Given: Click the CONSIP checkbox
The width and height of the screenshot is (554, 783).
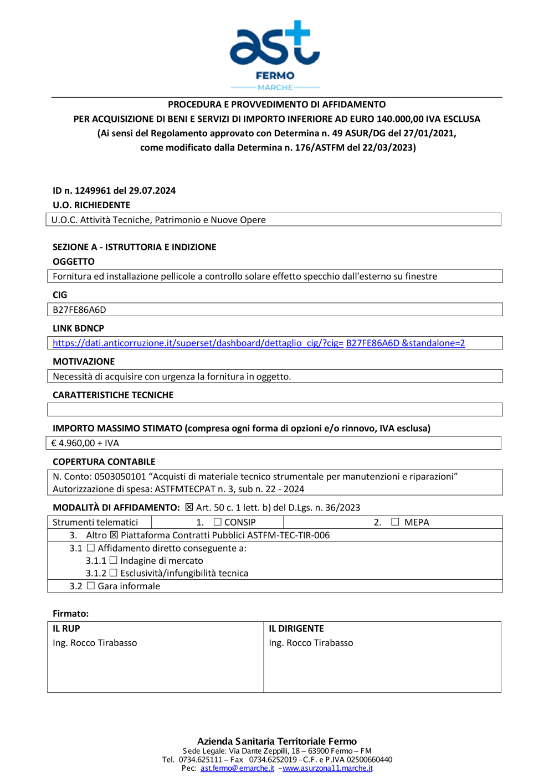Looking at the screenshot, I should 218,522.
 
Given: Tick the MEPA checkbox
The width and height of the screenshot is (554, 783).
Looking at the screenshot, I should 395,522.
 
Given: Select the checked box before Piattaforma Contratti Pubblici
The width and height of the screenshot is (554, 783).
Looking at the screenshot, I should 114,535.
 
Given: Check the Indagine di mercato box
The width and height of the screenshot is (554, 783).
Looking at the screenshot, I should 114,560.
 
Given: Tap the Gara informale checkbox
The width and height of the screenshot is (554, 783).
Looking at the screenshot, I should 91,586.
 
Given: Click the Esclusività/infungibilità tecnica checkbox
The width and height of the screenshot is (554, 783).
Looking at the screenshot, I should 114,573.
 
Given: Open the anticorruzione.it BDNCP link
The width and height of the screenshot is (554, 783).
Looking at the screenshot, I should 258,343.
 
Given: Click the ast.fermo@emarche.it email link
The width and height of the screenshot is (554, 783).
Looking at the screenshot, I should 237,768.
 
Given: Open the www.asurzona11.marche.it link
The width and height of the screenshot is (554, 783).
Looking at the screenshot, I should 327,768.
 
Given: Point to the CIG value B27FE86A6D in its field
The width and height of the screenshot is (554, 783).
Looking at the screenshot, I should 79,310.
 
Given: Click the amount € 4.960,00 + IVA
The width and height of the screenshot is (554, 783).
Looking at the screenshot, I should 85,443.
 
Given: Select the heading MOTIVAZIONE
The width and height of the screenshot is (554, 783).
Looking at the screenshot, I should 84,362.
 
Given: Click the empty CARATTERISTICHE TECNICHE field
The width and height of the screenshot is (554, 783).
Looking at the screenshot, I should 275,410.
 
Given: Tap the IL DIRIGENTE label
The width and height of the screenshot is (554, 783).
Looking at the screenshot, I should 296,629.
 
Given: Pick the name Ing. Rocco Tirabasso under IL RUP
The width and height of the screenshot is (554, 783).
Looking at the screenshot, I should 95,643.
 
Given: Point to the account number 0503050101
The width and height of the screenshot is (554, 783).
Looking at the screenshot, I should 120,477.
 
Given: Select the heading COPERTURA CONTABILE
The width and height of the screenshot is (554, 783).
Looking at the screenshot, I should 104,462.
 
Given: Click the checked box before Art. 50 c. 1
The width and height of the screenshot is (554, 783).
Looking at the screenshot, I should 189,507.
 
